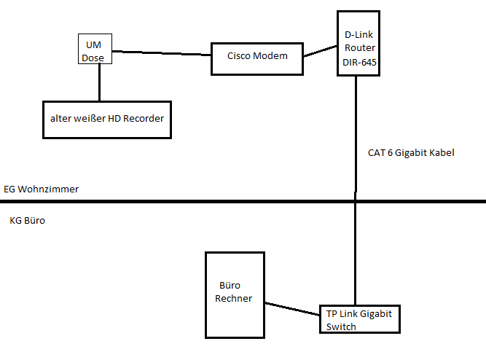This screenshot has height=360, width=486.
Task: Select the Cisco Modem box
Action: coord(257,58)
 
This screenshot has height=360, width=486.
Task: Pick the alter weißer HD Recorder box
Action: coord(107,118)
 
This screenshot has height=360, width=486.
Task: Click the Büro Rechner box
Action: coord(235,294)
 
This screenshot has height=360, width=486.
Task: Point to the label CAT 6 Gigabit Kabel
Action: coord(411,153)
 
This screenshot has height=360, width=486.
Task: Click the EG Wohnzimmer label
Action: coord(41,189)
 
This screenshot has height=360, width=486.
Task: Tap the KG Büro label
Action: coord(28,219)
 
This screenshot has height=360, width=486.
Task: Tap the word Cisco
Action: coord(239,56)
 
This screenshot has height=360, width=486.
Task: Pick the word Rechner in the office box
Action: coord(235,299)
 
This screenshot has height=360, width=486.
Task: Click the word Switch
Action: coord(341,327)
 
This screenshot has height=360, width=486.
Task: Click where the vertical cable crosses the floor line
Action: coord(356,200)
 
